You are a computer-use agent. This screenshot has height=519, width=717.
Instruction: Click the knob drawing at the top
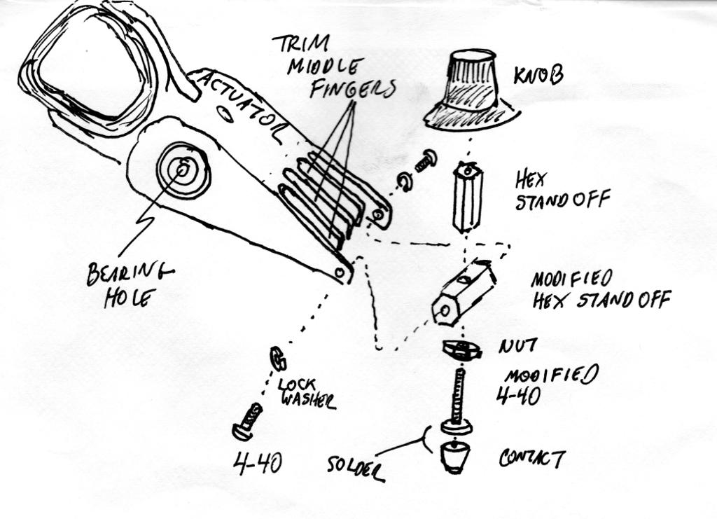[x=471, y=91]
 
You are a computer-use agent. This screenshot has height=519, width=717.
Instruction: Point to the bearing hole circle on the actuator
[x=183, y=169]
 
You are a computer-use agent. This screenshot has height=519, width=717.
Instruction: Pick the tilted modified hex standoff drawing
[x=464, y=291]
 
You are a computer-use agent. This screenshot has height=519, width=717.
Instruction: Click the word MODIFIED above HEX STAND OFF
[x=571, y=278]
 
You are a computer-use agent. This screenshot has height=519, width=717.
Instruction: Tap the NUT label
[x=517, y=345]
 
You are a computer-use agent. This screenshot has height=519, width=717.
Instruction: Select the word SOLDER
[x=356, y=467]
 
